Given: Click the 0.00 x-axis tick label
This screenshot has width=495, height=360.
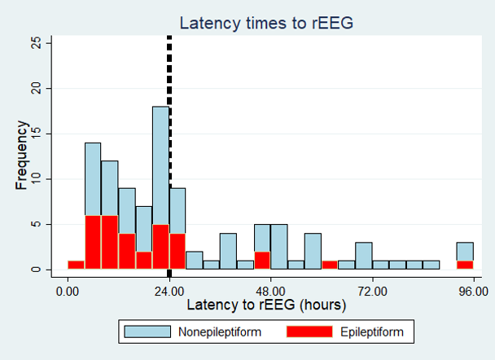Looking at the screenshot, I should (x=68, y=290).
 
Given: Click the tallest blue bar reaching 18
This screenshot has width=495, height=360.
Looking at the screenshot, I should (x=160, y=163).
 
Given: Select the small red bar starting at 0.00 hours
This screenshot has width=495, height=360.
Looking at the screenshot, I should (x=76, y=265).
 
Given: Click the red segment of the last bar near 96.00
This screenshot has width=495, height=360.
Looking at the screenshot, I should (x=465, y=265).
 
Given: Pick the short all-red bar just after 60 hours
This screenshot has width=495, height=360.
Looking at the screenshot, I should (x=330, y=265).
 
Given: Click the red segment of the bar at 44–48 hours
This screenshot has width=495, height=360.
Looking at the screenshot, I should (x=262, y=261).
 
